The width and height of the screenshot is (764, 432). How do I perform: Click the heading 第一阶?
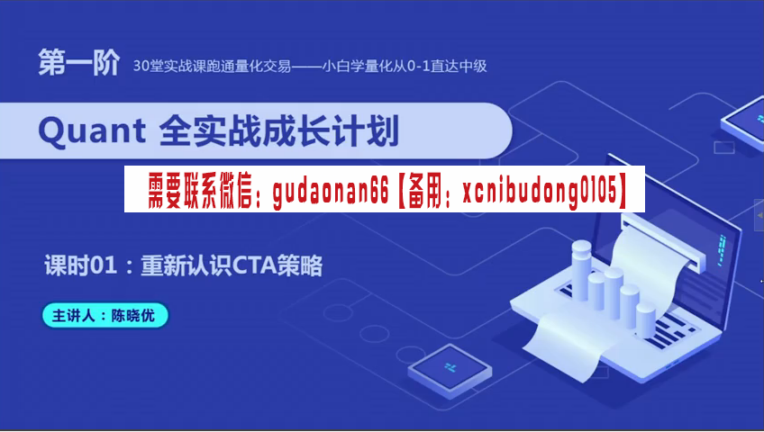click(79, 62)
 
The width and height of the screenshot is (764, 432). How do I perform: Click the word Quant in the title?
click(92, 131)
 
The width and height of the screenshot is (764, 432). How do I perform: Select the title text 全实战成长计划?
click(279, 130)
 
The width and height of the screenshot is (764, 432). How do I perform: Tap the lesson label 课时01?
click(81, 265)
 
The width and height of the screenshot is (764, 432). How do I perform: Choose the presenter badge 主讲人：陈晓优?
click(105, 315)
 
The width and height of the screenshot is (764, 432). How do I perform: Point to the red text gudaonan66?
click(331, 190)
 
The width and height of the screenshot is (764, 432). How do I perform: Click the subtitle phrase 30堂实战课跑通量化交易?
click(212, 66)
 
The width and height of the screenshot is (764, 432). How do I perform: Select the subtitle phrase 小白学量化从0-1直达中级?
click(405, 66)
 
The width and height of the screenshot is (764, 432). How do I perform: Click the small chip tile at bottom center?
click(450, 369)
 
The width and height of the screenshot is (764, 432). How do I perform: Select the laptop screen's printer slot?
click(663, 242)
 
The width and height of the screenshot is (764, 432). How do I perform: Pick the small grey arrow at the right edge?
click(759, 214)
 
